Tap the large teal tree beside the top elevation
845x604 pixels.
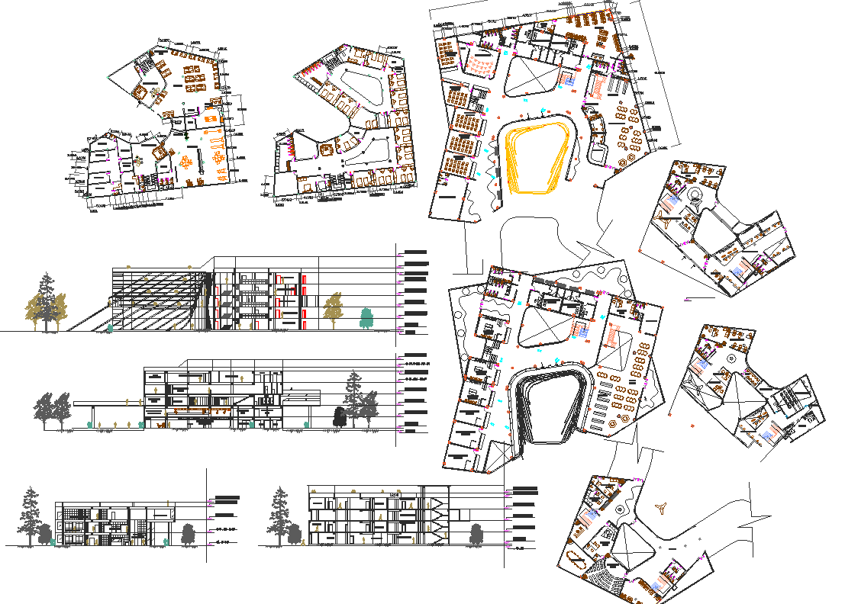(367, 317)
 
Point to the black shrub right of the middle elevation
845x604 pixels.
(339, 416)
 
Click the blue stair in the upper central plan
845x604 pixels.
(566, 79)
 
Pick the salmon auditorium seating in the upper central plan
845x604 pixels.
(481, 67)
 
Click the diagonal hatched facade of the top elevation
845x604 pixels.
(153, 301)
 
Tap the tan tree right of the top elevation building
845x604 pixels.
(333, 309)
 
